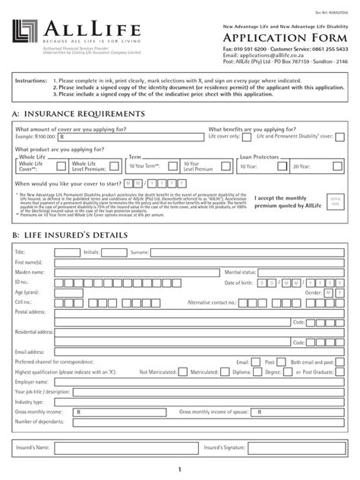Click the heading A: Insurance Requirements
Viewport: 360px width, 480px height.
pos(78,113)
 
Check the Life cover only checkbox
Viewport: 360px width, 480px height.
pos(247,137)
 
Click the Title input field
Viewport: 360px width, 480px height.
pos(67,251)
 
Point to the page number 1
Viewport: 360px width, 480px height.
pos(180,469)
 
